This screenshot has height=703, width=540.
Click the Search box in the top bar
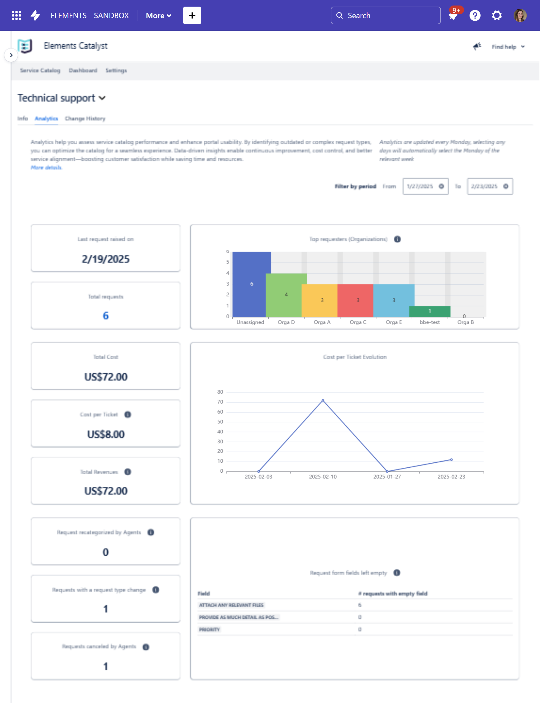[386, 15]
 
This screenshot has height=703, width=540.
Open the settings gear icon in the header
[497, 15]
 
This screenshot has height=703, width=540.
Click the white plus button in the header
[192, 15]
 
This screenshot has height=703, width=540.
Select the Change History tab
[85, 118]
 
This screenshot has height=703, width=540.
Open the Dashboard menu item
[83, 71]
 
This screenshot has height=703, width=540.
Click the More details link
[46, 167]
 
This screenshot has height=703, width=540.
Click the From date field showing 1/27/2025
[420, 186]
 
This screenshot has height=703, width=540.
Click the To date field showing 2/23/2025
[484, 186]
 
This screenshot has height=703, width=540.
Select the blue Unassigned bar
[251, 284]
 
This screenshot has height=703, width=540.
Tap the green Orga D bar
[286, 295]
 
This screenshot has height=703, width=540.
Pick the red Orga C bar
[358, 300]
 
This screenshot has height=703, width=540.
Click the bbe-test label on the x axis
[430, 322]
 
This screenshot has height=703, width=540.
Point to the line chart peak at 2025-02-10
[323, 400]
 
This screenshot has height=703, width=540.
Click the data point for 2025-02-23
[451, 460]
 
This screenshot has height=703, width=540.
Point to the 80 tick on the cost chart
[220, 392]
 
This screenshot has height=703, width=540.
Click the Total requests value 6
[106, 316]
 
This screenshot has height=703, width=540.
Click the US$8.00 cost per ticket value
[106, 434]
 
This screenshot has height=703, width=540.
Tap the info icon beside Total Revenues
[128, 472]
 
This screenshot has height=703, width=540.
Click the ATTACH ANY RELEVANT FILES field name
[231, 605]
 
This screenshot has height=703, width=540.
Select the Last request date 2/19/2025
[106, 259]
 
